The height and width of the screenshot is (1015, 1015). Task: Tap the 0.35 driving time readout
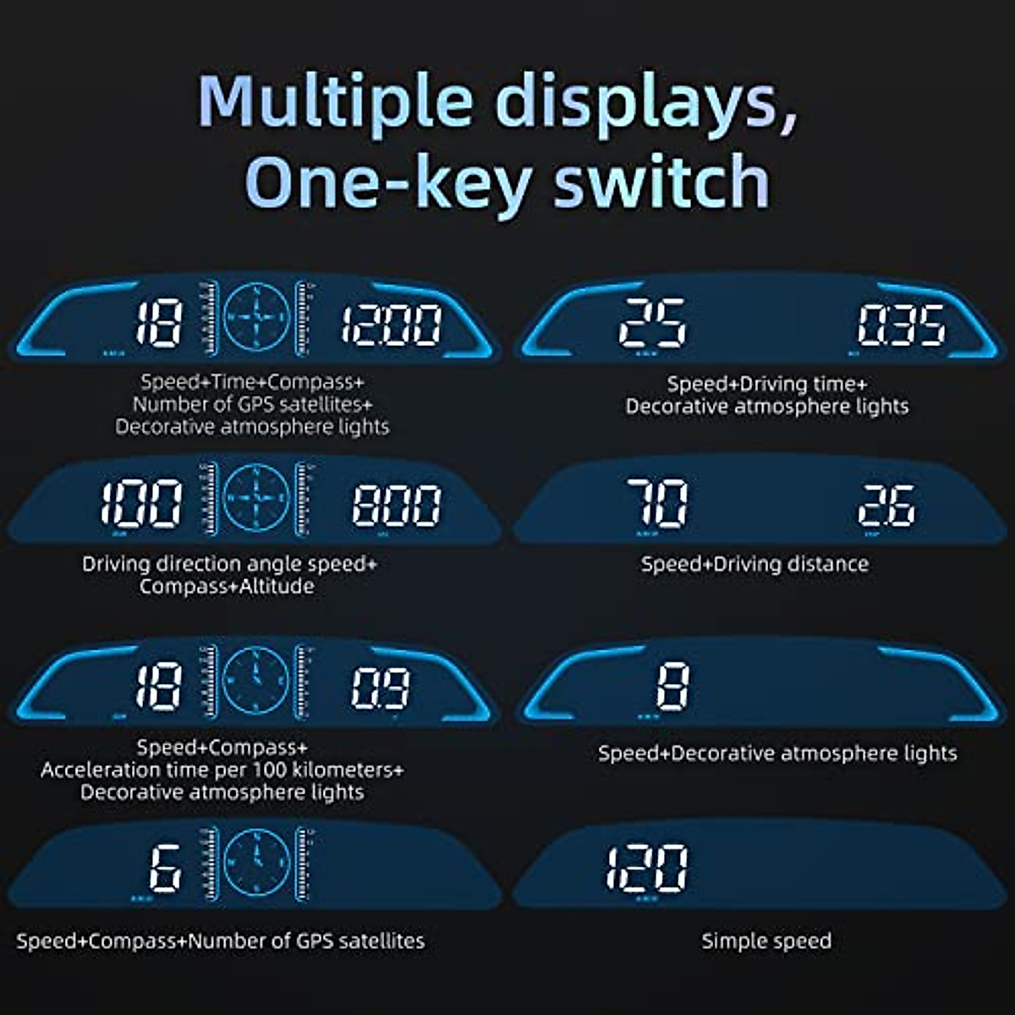(901, 326)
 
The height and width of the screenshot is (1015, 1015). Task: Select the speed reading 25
(652, 324)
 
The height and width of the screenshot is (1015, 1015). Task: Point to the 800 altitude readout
(397, 505)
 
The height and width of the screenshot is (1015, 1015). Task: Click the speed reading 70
(657, 504)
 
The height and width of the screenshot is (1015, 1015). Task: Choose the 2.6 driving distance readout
(886, 505)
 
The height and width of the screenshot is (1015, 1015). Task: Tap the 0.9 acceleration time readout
(381, 688)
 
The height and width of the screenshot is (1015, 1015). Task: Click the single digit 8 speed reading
(672, 686)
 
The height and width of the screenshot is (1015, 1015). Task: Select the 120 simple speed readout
(647, 868)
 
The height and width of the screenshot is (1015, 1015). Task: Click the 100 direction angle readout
(141, 504)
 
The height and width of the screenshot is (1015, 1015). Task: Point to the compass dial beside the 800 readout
(256, 497)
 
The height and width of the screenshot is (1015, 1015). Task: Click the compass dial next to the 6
(256, 862)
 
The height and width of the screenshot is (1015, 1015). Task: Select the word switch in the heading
(661, 181)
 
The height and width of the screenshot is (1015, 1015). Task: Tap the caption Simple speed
(766, 941)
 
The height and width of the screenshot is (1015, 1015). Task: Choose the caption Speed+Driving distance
(754, 564)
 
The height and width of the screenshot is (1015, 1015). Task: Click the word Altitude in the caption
(272, 586)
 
